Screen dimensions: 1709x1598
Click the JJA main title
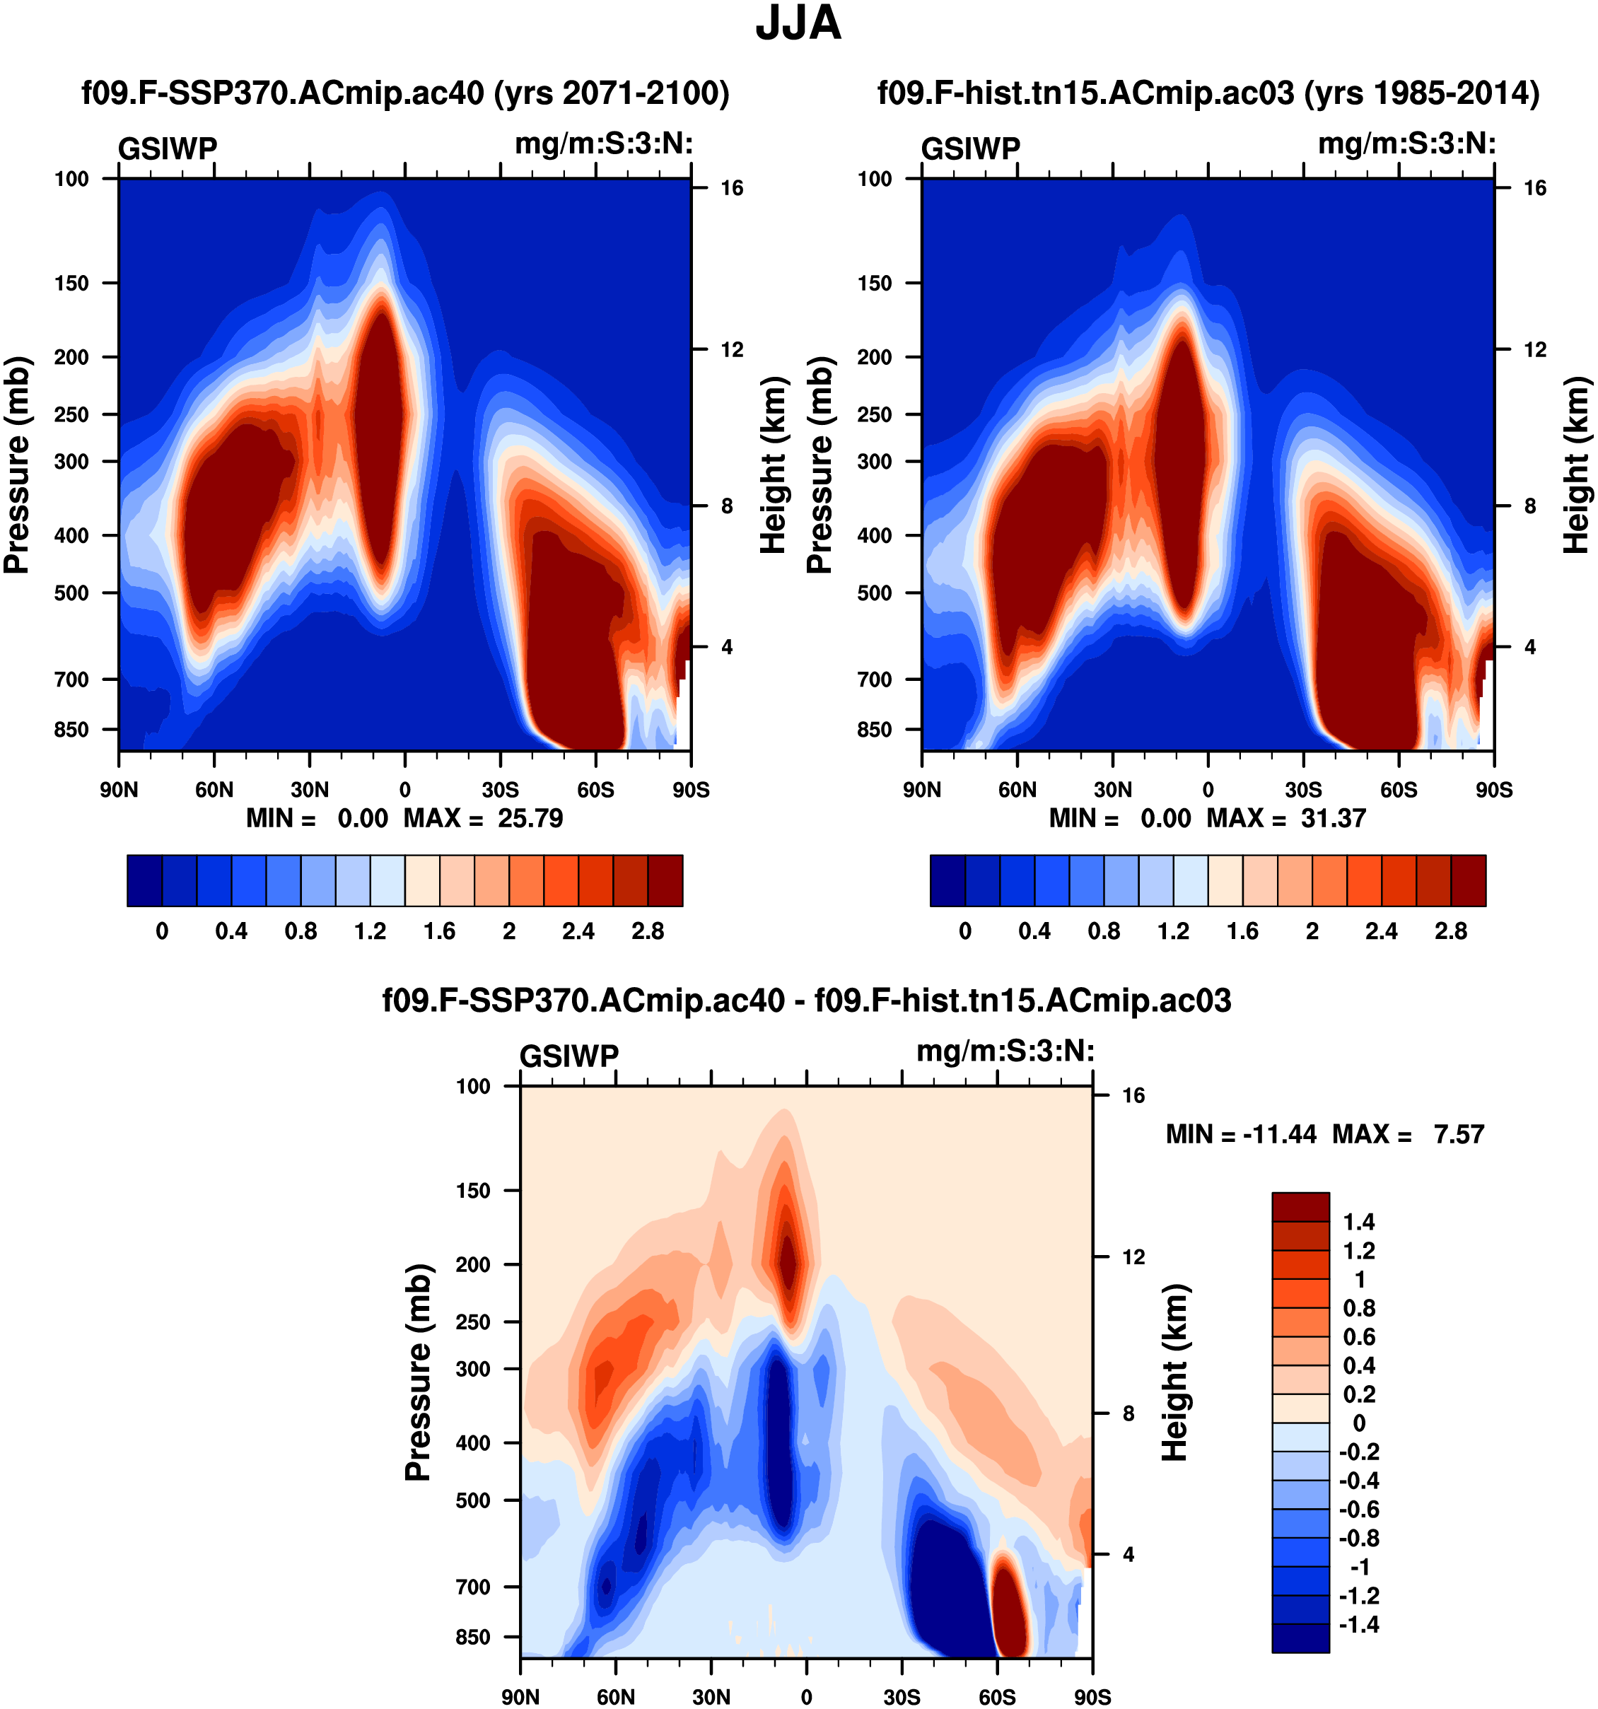click(798, 24)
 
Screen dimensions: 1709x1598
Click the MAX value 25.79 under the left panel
click(530, 817)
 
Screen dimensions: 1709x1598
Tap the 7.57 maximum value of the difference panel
click(1459, 1134)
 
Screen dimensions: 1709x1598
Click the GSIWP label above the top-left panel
click(168, 148)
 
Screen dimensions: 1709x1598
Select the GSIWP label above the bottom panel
click(569, 1056)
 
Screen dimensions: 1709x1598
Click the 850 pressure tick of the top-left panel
click(71, 729)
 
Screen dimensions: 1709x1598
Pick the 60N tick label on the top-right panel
click(1017, 789)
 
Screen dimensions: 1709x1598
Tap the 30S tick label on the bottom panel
click(901, 1696)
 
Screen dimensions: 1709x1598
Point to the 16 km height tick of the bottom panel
click(1133, 1095)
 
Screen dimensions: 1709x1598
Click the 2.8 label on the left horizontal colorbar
click(647, 931)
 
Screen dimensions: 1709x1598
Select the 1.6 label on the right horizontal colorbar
click(1242, 931)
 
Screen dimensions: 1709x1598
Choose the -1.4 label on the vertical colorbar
click(1359, 1624)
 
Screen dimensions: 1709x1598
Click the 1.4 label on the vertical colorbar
click(1359, 1222)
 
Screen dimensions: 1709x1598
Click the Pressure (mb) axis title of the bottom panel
click(418, 1372)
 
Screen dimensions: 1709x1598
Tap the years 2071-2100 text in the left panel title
click(611, 93)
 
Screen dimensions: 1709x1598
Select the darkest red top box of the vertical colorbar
click(1300, 1206)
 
